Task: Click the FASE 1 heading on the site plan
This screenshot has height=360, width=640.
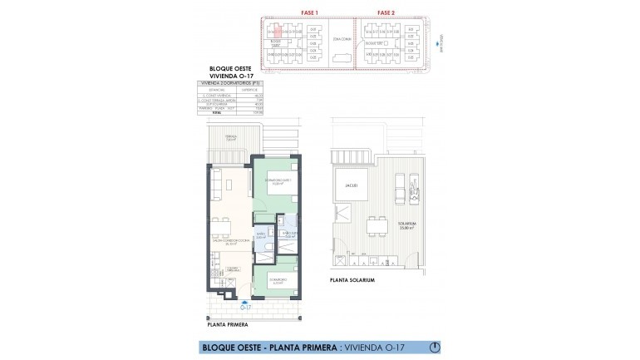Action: tap(308, 12)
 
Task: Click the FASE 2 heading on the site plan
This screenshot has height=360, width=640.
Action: tap(386, 12)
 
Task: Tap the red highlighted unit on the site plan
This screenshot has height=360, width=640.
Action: tap(271, 30)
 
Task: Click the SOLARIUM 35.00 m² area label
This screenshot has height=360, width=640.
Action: tap(407, 226)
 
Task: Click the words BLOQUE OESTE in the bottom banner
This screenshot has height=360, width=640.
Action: tap(232, 346)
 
